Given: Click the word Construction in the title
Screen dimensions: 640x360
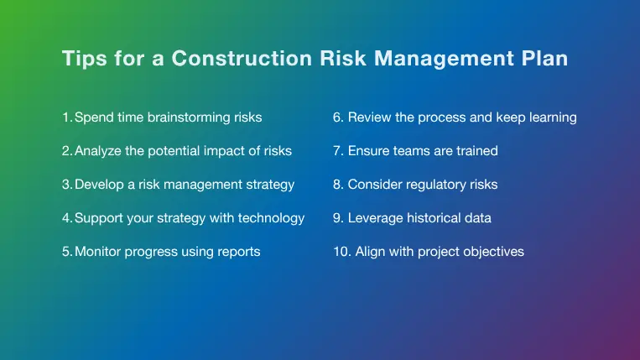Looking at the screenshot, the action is point(242,58).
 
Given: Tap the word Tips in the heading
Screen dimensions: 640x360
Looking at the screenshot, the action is point(84,59).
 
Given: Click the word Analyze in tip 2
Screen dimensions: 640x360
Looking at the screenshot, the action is point(98,151).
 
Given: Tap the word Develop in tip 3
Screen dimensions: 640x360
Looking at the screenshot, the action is point(99,185).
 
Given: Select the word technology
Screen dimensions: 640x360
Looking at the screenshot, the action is point(271,218).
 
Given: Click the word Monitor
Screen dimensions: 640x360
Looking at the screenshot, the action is point(97,252).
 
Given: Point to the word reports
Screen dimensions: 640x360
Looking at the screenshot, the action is point(239,253).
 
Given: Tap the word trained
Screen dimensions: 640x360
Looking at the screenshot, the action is point(477,150).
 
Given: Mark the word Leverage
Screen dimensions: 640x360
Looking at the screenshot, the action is point(375,218).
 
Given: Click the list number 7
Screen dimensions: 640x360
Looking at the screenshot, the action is point(338,150).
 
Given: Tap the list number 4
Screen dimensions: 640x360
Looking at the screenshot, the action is point(67,218).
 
